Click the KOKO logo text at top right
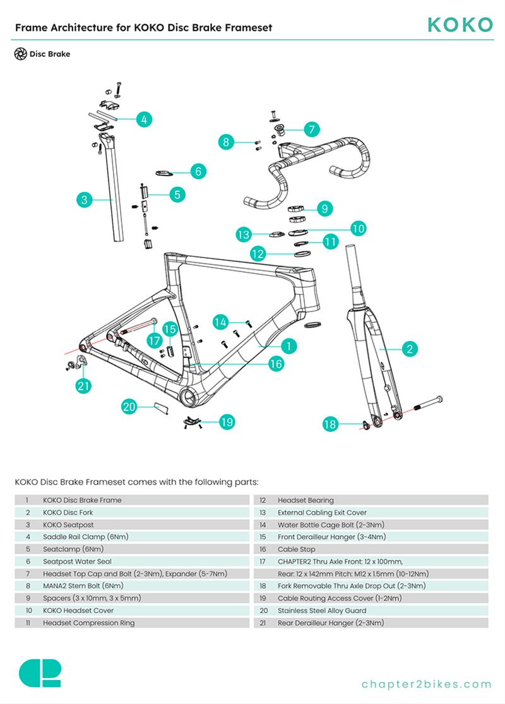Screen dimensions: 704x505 click(460, 25)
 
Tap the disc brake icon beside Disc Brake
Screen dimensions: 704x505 click(20, 54)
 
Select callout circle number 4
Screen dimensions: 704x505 click(144, 119)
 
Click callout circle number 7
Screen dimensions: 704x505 click(311, 129)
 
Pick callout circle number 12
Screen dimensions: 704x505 click(258, 254)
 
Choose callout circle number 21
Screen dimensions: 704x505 click(84, 386)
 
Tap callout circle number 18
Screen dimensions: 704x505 click(331, 424)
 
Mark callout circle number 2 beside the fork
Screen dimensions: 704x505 click(409, 348)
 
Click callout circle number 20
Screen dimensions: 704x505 click(129, 407)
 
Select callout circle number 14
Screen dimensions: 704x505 click(220, 322)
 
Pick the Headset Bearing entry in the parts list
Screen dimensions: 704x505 click(306, 500)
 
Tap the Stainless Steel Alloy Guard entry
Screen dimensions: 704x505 click(322, 611)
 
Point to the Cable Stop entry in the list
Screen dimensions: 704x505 click(297, 549)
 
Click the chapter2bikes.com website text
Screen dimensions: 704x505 click(426, 684)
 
